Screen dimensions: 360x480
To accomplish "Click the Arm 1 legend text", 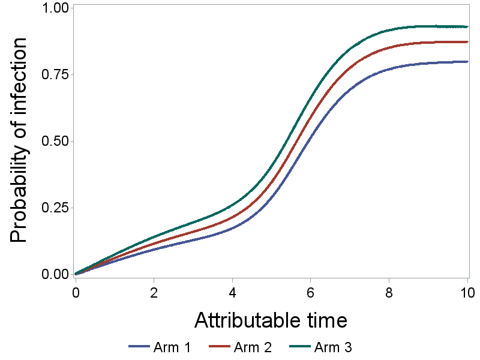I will [172, 347].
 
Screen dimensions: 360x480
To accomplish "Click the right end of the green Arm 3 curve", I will [467, 26].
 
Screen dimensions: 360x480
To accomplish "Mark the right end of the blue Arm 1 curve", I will [467, 61].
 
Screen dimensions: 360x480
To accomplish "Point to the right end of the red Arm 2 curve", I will [467, 42].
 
